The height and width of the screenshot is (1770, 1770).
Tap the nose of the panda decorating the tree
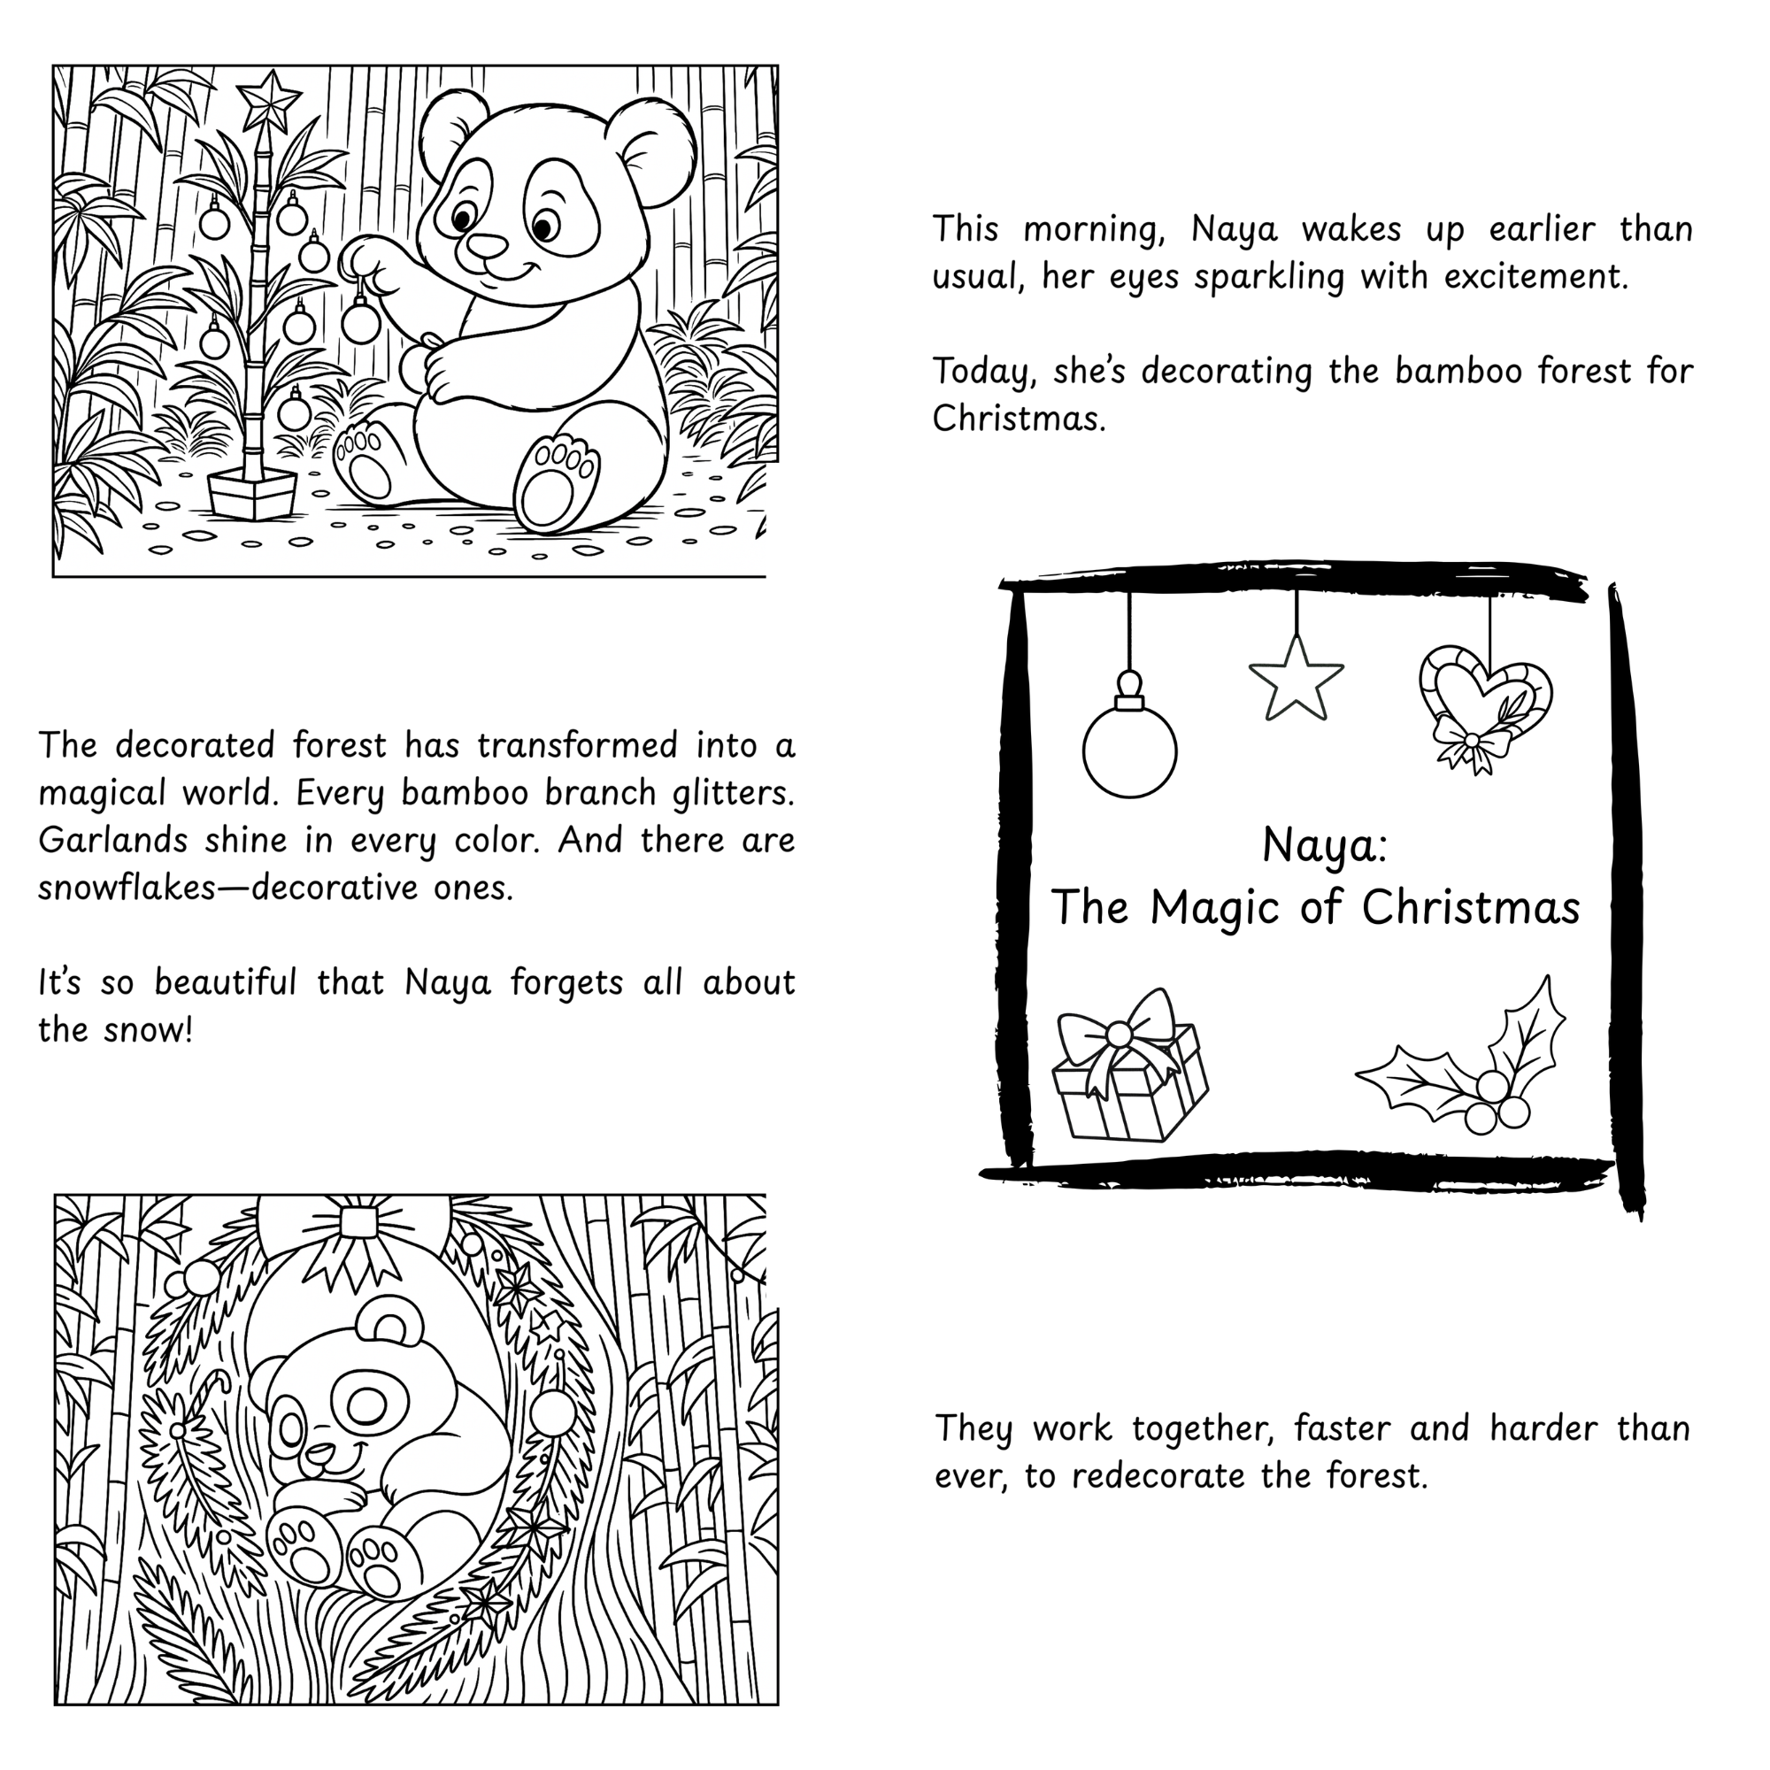pyautogui.click(x=487, y=245)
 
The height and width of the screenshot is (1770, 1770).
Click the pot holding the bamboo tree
pyautogui.click(x=252, y=495)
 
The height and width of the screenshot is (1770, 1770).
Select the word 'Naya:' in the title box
pyautogui.click(x=1324, y=844)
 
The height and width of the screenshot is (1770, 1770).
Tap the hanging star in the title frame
pyautogui.click(x=1296, y=679)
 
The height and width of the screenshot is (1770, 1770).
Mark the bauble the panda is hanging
pyautogui.click(x=360, y=320)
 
